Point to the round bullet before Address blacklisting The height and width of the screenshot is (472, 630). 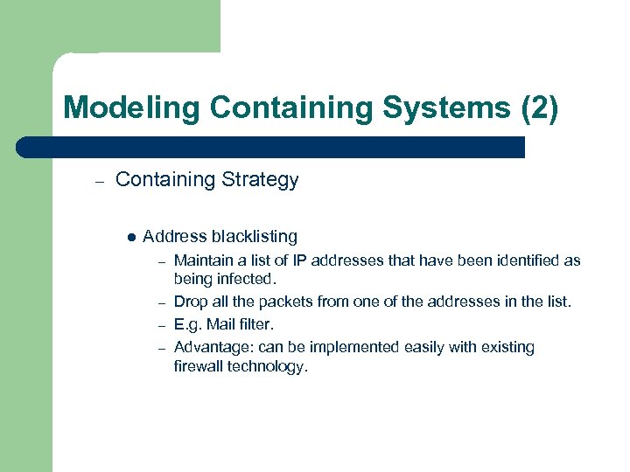(x=130, y=236)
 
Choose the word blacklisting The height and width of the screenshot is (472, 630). (x=254, y=236)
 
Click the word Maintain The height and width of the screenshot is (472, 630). (x=205, y=260)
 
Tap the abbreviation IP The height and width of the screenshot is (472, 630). (x=316, y=260)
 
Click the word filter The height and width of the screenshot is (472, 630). (x=257, y=324)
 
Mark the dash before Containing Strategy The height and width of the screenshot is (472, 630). (x=100, y=182)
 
